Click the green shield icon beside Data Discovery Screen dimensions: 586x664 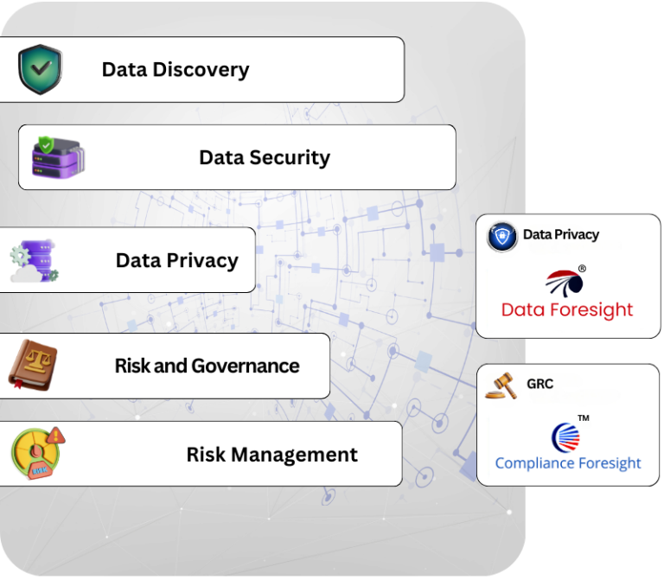tap(40, 70)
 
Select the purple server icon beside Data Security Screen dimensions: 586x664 tap(58, 157)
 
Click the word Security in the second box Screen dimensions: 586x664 tap(289, 158)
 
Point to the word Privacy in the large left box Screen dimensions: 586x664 tap(202, 261)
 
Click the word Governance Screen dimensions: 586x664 tap(246, 366)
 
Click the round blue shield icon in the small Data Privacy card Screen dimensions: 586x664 tap(502, 236)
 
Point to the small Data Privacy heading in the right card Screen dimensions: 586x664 tap(560, 234)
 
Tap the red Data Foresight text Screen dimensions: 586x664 tap(567, 309)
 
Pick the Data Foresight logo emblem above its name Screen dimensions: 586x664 tap(565, 282)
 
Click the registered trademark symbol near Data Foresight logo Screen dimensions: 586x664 tap(582, 269)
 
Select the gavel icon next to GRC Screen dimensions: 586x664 tap(501, 385)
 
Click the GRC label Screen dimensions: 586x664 tap(539, 383)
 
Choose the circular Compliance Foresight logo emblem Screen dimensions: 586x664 tap(566, 436)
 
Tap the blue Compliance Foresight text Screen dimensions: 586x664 tap(568, 463)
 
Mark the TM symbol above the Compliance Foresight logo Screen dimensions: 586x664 tap(584, 418)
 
